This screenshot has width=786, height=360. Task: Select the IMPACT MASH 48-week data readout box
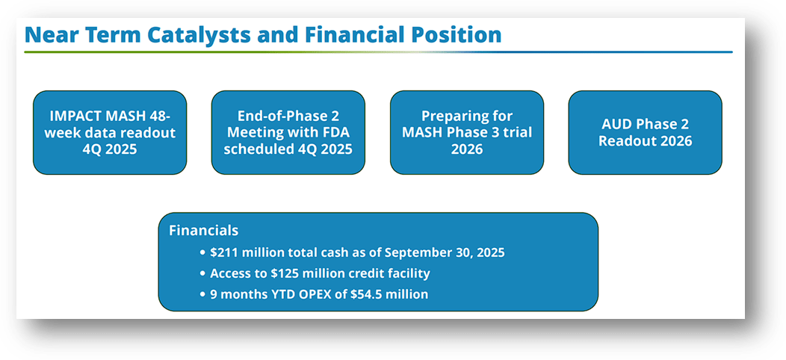[110, 132]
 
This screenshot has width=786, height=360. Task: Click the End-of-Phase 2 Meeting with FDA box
[288, 132]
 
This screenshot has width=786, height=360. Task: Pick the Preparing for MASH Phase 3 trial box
[467, 132]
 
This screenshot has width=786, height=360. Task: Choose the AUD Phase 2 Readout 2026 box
[645, 132]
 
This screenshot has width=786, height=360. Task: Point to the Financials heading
[204, 231]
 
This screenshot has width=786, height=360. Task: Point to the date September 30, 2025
[448, 252]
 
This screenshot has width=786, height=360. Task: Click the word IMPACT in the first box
[76, 117]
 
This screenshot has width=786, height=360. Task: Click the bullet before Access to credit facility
[202, 273]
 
